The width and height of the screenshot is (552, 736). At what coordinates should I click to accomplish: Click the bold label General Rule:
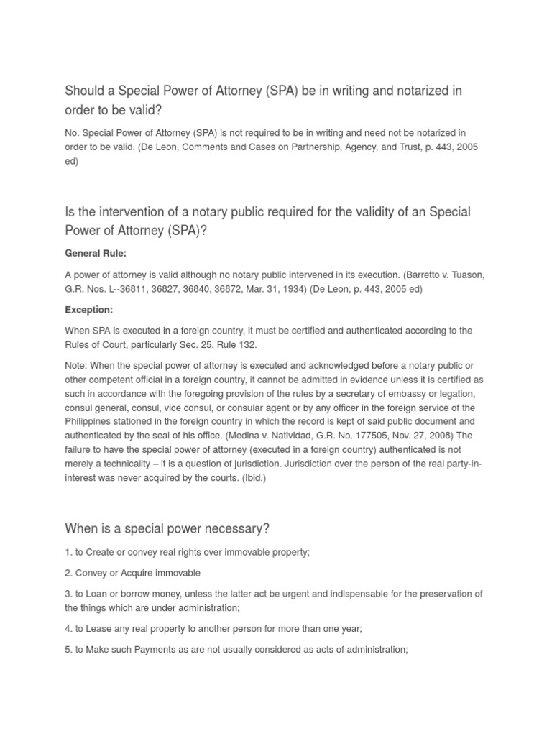(96, 254)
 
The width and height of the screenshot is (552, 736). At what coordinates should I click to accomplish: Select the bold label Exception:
(89, 310)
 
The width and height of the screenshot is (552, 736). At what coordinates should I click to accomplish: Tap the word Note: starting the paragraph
(78, 367)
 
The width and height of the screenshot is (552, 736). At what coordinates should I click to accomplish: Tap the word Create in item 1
(103, 552)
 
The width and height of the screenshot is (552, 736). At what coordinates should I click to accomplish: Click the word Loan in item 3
(98, 594)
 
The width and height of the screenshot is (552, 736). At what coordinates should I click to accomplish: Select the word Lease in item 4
(101, 629)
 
